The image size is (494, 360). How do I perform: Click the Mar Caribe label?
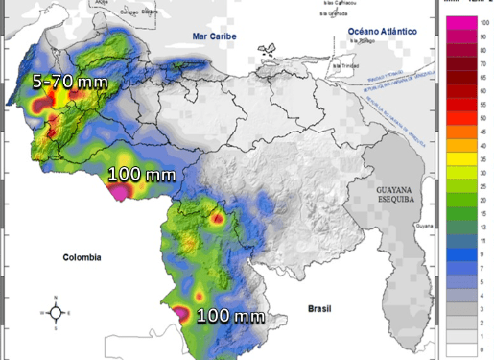[213, 36]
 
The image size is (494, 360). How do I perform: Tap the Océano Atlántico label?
[383, 31]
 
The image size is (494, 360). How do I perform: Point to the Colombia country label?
[82, 257]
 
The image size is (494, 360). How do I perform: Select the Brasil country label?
[318, 308]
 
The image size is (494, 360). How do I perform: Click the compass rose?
[57, 312]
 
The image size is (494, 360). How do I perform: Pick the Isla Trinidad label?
[351, 65]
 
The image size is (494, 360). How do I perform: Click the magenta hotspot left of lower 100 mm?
[180, 312]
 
